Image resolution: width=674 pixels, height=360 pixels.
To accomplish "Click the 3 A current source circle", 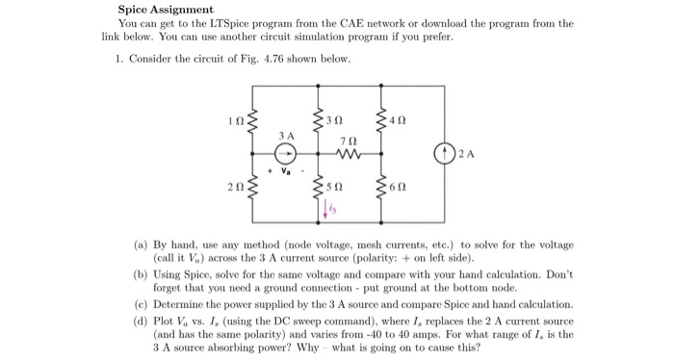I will pyautogui.click(x=285, y=152).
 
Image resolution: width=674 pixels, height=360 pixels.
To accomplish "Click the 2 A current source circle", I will pyautogui.click(x=442, y=152).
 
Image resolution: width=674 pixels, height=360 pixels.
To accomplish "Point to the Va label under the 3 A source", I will pyautogui.click(x=286, y=174).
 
